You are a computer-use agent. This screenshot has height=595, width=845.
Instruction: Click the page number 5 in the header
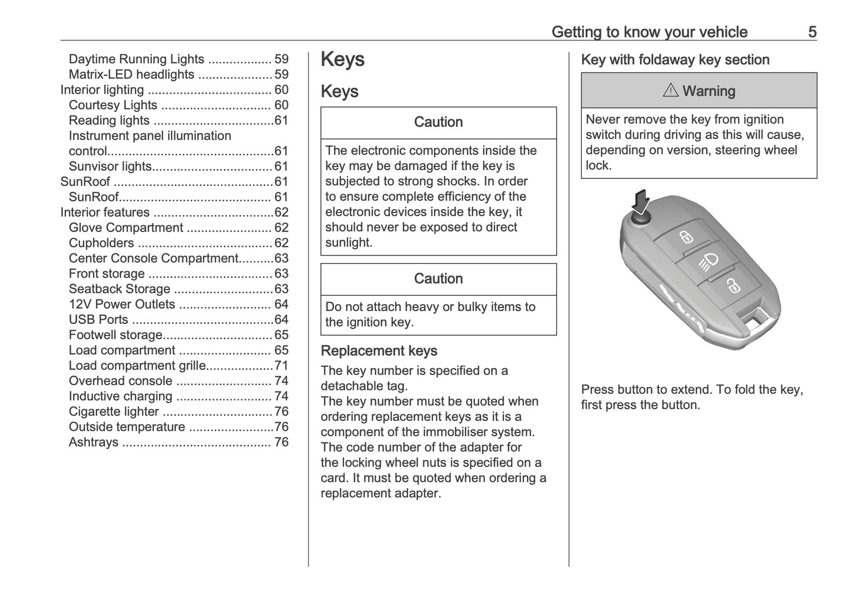(812, 32)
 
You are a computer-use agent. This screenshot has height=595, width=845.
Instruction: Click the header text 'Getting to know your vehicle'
(649, 32)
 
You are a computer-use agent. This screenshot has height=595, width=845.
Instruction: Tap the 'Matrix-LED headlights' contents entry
(132, 74)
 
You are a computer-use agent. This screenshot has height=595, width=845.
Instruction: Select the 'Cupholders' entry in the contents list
(101, 243)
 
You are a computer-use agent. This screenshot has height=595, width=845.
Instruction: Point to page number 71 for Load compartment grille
(281, 366)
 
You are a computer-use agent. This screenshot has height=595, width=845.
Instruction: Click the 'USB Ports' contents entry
(98, 320)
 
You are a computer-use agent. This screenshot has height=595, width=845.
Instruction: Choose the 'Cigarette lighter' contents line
(113, 411)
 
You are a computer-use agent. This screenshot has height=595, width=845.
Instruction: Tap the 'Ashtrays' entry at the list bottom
(94, 442)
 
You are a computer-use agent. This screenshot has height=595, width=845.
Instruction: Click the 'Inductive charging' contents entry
(120, 396)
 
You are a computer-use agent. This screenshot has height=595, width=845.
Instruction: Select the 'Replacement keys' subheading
(379, 351)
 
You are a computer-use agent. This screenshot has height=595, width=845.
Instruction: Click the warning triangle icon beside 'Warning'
(670, 91)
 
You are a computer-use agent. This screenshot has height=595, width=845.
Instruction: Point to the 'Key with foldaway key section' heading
(675, 60)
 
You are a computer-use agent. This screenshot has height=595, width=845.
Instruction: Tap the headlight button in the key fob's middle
(709, 261)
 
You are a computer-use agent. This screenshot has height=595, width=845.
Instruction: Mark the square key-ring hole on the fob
(753, 319)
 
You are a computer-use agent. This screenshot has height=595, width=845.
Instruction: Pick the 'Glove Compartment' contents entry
(126, 228)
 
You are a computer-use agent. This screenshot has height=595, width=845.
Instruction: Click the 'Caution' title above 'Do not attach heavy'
(438, 279)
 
